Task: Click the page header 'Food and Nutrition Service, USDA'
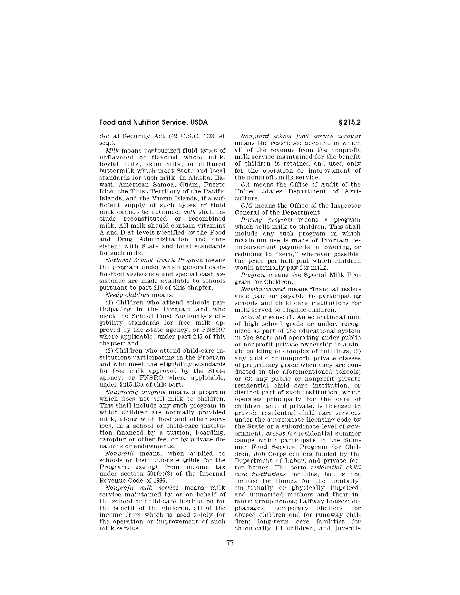point(153,122)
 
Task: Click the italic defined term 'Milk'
point(111,150)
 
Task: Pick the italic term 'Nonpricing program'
point(135,392)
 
